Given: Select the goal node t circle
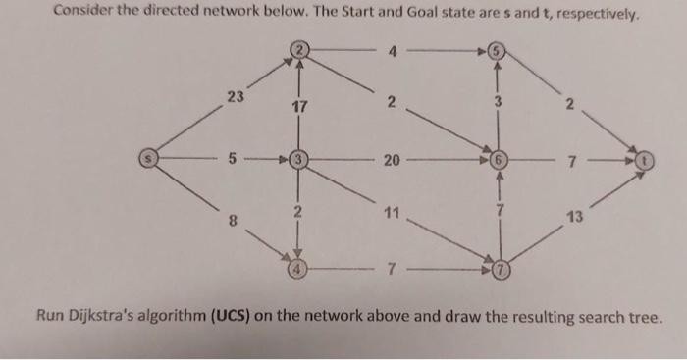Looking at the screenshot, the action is (x=645, y=157).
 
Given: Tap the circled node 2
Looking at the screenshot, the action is (x=298, y=48).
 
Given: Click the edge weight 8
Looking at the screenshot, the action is (x=233, y=221).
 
